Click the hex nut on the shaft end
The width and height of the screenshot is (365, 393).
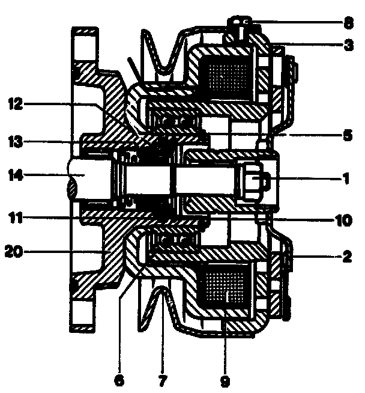point(255,179)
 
